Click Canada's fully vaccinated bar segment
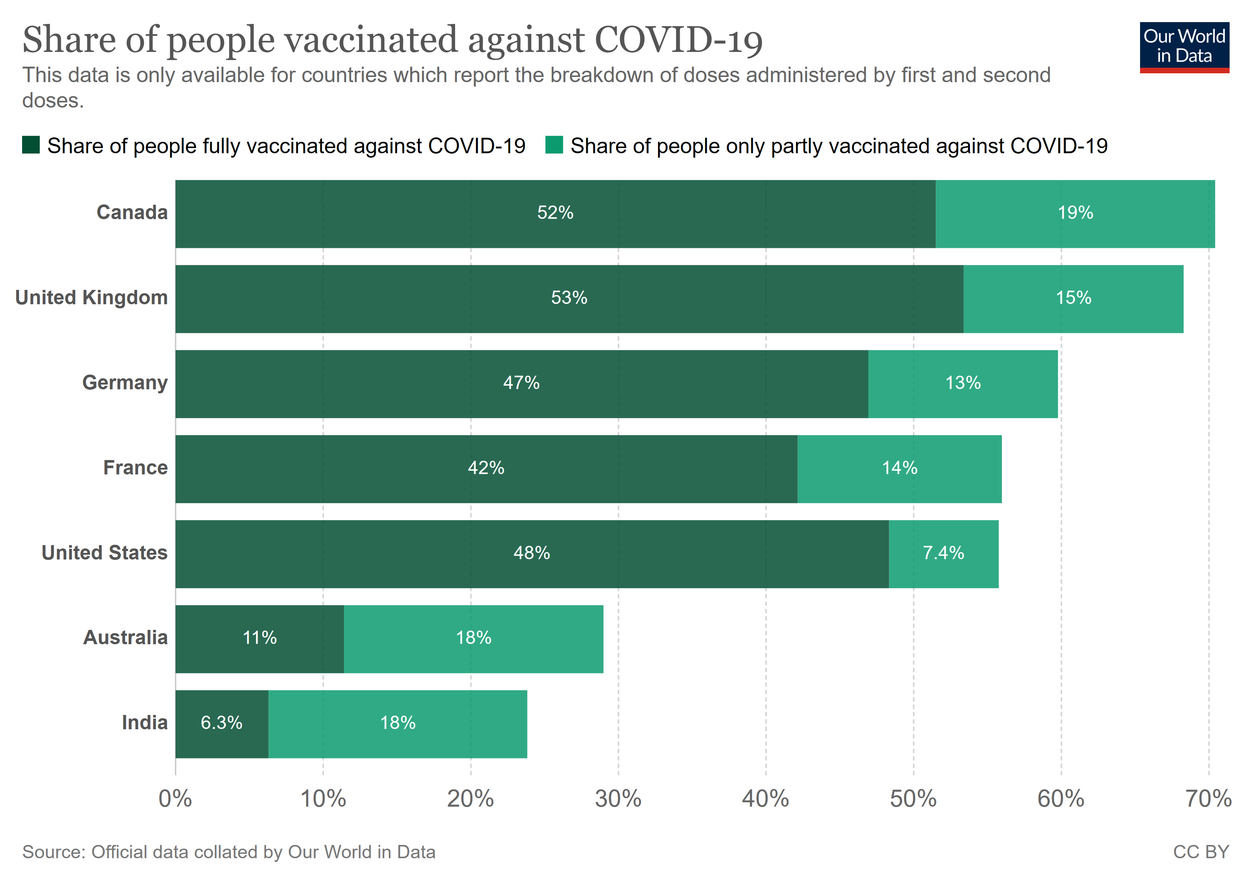tap(555, 214)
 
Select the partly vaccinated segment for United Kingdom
tap(1073, 299)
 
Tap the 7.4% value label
tap(943, 553)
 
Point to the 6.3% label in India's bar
tap(221, 723)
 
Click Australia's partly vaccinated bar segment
tap(473, 639)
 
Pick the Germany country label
tap(125, 383)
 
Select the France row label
tap(135, 468)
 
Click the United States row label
tap(105, 553)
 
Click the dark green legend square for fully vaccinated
tap(31, 145)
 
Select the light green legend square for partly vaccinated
tap(554, 145)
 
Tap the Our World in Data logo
tap(1184, 47)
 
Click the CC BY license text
tap(1201, 852)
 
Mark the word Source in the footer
tap(53, 852)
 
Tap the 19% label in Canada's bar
tap(1075, 213)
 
